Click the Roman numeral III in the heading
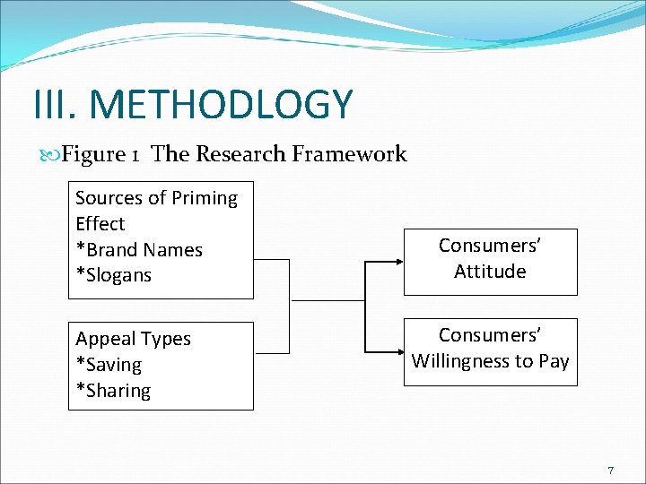pos(56,105)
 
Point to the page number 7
pos(611,471)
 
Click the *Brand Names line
pos(139,250)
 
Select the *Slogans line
pos(113,275)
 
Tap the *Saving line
pos(109,365)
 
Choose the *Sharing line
pos(113,391)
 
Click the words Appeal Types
pos(133,339)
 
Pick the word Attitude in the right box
pos(490,271)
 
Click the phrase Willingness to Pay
pos(490,360)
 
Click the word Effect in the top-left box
pos(100,224)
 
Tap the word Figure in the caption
pos(94,154)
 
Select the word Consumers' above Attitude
pos(490,245)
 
